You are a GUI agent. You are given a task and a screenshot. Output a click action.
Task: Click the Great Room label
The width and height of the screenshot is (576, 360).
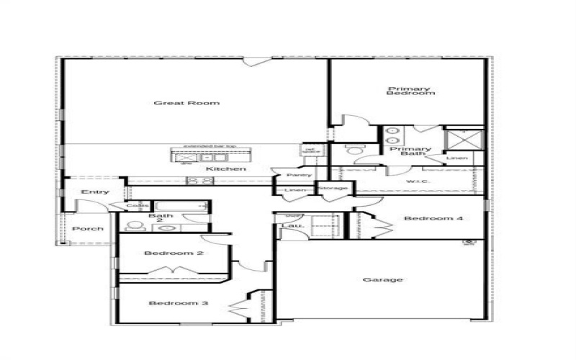pyautogui.click(x=176, y=103)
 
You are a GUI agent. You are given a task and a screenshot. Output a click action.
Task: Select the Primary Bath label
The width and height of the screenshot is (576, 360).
pyautogui.click(x=410, y=152)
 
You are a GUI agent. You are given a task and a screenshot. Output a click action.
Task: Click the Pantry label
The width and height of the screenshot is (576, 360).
pyautogui.click(x=298, y=175)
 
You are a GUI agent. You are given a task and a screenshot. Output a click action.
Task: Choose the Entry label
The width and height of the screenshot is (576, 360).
pyautogui.click(x=95, y=192)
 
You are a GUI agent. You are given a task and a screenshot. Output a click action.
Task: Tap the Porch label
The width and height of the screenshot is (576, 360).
pyautogui.click(x=88, y=228)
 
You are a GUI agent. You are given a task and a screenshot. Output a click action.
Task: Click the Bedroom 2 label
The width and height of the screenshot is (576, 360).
pyautogui.click(x=174, y=253)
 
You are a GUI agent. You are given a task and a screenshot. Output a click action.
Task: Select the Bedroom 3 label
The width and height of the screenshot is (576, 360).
pyautogui.click(x=179, y=303)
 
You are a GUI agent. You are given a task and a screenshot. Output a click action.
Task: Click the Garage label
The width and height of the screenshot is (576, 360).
pyautogui.click(x=382, y=279)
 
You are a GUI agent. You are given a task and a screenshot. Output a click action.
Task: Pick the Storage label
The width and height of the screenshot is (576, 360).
pyautogui.click(x=334, y=189)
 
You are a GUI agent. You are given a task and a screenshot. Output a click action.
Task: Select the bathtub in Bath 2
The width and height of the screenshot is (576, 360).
pyautogui.click(x=181, y=207)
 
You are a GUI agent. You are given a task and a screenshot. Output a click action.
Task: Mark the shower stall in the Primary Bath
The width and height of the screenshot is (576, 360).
pyautogui.click(x=463, y=138)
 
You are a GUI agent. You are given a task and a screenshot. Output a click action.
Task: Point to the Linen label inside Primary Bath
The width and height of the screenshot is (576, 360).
pyautogui.click(x=457, y=158)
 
